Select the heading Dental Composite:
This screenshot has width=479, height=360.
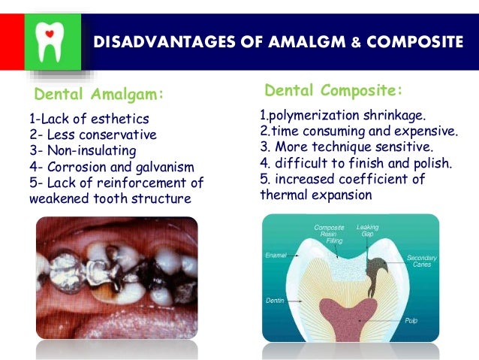click(333, 91)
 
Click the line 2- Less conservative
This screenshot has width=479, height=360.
click(92, 135)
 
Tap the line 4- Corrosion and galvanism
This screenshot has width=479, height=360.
click(112, 166)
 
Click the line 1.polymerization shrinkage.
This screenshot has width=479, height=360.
click(342, 116)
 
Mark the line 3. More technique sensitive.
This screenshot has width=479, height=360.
click(346, 148)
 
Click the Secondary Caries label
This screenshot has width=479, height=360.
click(422, 261)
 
